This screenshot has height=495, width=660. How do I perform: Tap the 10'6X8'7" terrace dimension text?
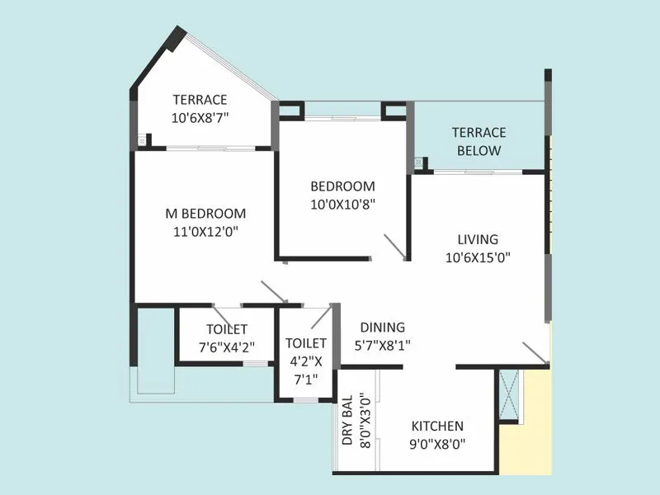tap(200, 118)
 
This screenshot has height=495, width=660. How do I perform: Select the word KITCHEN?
tap(437, 426)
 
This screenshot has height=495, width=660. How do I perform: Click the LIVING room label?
tap(478, 239)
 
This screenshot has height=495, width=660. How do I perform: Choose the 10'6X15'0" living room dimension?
tap(478, 257)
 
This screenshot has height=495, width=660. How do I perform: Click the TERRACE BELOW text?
tap(478, 141)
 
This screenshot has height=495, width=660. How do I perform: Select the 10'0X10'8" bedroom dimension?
tap(342, 204)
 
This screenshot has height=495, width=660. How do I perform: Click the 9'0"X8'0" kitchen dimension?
tap(437, 444)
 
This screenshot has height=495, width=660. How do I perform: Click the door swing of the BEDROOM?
tap(394, 247)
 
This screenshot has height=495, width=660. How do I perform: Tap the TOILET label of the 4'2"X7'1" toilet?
tap(305, 342)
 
